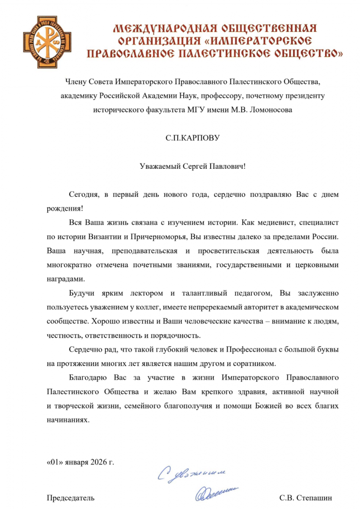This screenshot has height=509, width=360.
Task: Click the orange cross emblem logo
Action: coord(42,39)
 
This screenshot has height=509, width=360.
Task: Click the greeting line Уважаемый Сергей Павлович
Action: coord(193,166)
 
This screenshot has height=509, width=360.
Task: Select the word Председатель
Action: coord(70,497)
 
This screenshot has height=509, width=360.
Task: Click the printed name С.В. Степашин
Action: coord(306,497)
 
